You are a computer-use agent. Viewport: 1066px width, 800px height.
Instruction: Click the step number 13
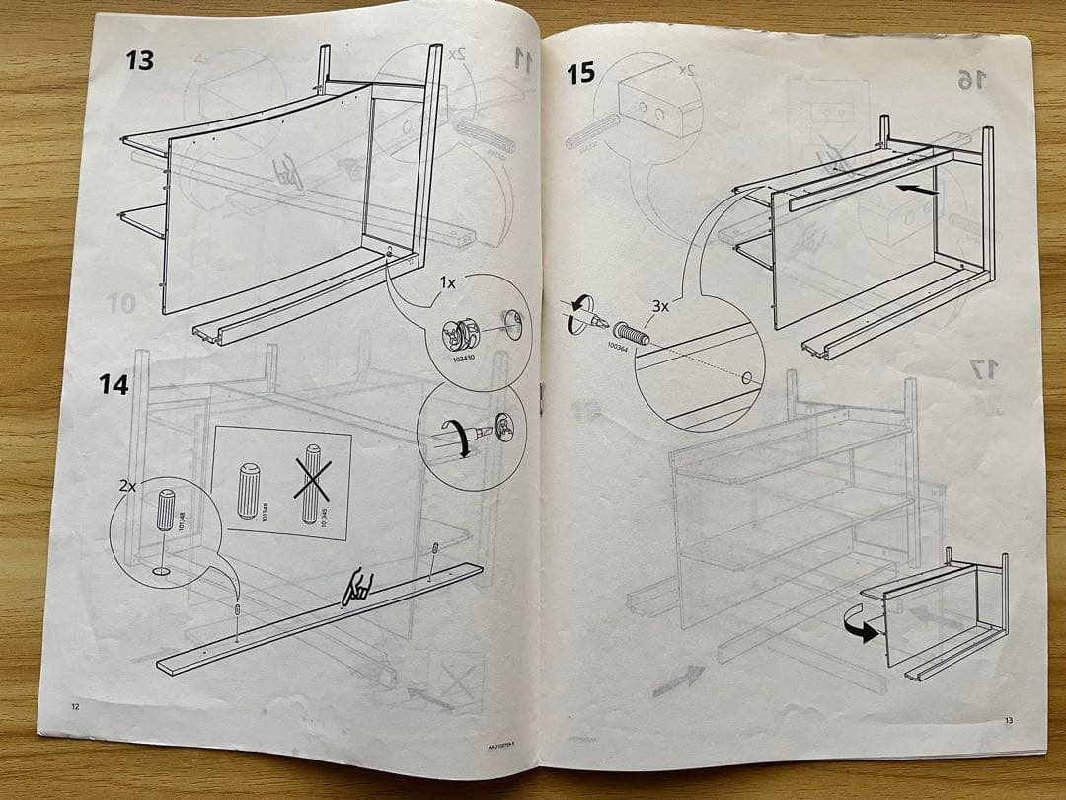(139, 60)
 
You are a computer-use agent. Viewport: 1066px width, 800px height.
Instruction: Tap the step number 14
(114, 384)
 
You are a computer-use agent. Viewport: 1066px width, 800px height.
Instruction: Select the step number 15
(581, 72)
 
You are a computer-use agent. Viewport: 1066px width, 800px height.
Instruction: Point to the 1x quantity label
(447, 281)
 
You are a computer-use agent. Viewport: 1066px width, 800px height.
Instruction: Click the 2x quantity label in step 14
(126, 487)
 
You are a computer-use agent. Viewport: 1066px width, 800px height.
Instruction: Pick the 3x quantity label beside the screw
(657, 306)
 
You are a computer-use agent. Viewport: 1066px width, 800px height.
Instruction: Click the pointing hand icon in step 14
(354, 590)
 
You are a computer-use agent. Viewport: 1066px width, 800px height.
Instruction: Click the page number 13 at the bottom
(1007, 721)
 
